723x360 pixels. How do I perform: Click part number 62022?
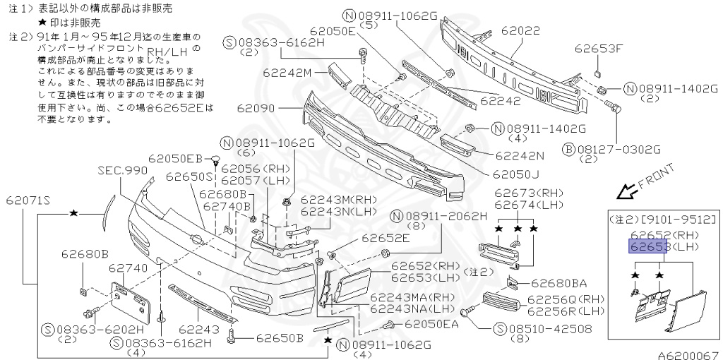click(x=520, y=31)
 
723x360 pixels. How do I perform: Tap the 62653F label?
click(x=599, y=49)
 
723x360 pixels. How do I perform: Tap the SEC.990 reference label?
click(x=123, y=171)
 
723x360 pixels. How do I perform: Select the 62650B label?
click(x=279, y=337)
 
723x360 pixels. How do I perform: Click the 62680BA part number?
click(x=559, y=284)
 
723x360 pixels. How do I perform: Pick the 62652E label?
click(x=386, y=238)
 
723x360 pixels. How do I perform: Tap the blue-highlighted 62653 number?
click(x=648, y=246)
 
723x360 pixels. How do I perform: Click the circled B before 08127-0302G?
click(x=568, y=149)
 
